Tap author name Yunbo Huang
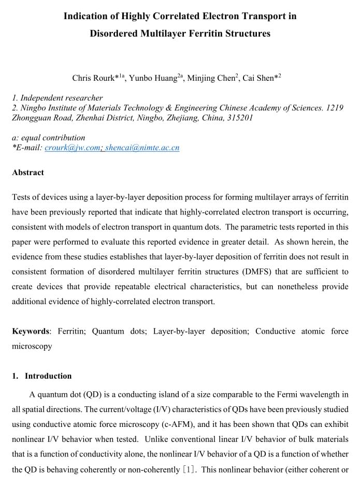point(153,79)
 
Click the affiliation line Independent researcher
point(62,98)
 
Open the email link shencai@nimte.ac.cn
point(142,148)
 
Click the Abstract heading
point(28,173)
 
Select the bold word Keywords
point(31,331)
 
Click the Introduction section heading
point(48,376)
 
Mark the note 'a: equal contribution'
point(48,138)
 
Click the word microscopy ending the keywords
point(32,346)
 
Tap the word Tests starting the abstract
point(23,197)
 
